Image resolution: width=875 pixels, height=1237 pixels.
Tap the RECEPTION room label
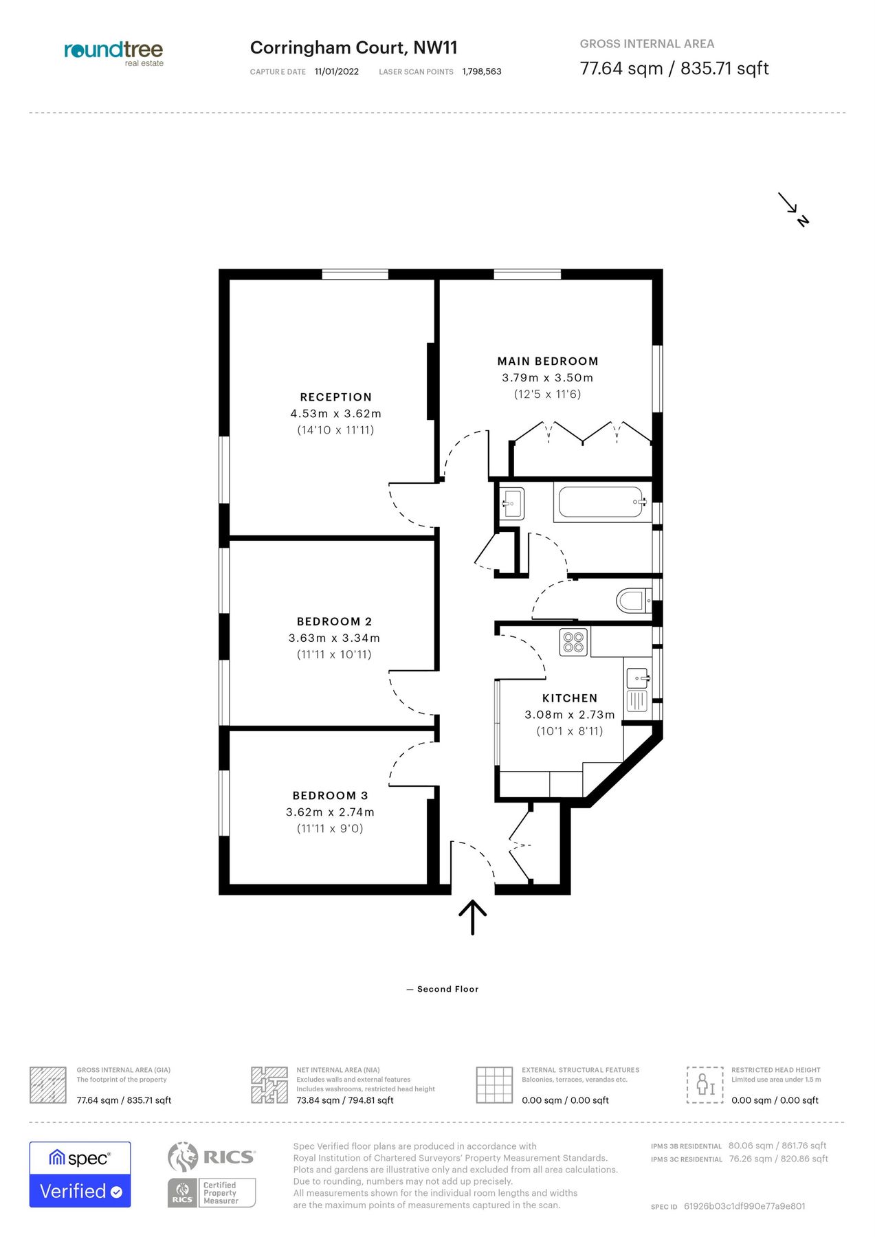click(x=335, y=397)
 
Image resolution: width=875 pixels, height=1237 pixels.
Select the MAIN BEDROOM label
click(x=548, y=361)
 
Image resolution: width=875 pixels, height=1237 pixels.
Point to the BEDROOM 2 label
click(x=334, y=622)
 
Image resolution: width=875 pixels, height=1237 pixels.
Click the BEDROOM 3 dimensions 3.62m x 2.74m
click(x=330, y=812)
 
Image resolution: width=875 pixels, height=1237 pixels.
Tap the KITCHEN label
click(x=570, y=698)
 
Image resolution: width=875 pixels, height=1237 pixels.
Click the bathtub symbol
click(x=601, y=502)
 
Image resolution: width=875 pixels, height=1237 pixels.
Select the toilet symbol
click(x=632, y=601)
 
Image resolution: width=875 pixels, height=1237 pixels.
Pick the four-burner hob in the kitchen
click(x=573, y=643)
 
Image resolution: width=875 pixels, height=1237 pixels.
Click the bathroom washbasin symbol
click(x=511, y=503)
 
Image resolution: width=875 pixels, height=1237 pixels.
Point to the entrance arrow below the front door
click(x=473, y=917)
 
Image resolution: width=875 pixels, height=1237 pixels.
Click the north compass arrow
click(x=793, y=208)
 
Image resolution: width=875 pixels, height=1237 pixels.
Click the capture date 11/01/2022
click(x=336, y=71)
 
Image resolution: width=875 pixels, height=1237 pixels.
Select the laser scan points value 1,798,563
click(x=481, y=71)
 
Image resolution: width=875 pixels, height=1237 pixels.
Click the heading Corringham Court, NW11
click(x=353, y=48)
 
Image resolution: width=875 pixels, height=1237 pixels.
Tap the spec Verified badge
click(x=80, y=1174)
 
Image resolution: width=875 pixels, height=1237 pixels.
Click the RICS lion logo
click(x=183, y=1157)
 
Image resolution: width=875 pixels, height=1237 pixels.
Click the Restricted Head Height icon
click(x=705, y=1085)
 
